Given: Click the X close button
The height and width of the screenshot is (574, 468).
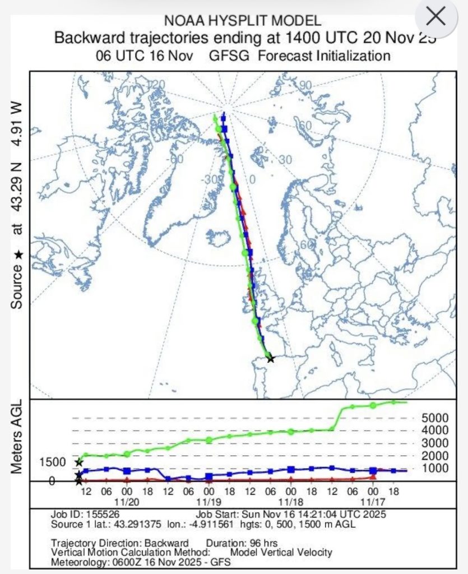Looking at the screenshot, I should (x=435, y=17).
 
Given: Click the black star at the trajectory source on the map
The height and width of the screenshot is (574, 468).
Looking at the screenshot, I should (x=271, y=358).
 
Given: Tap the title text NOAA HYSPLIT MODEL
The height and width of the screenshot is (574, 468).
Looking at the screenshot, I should (x=242, y=21).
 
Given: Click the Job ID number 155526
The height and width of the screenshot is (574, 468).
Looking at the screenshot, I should (x=104, y=513).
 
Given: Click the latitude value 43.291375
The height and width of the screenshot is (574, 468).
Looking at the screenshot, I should (x=124, y=522).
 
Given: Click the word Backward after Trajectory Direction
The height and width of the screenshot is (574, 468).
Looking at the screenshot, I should (x=166, y=543).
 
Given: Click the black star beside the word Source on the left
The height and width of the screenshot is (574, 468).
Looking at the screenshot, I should (x=18, y=255).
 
